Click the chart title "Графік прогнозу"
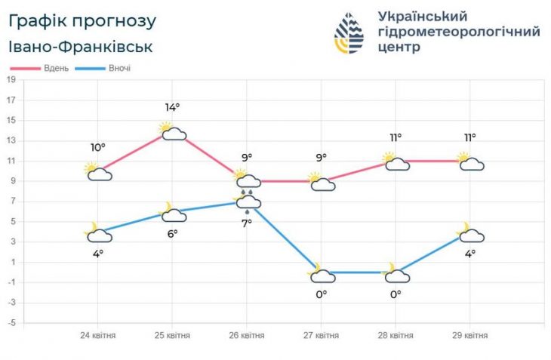[83, 20]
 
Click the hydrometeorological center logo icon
[349, 35]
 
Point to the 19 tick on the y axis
[11, 78]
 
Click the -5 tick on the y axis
[11, 323]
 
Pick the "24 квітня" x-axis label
[98, 335]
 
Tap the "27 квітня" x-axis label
[322, 335]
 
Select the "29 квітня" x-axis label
[469, 335]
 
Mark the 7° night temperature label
[247, 224]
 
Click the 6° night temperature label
[173, 234]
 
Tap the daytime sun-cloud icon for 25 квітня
[173, 131]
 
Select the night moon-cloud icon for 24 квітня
[98, 233]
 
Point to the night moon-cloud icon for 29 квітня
[470, 233]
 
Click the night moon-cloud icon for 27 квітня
[322, 274]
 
